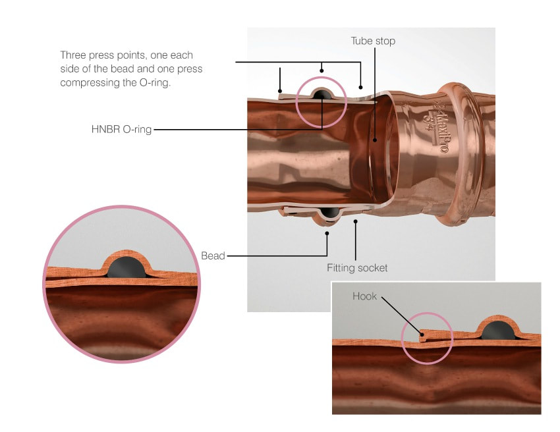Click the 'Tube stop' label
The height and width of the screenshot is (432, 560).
pyautogui.click(x=373, y=41)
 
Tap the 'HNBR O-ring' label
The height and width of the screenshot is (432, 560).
pyautogui.click(x=121, y=130)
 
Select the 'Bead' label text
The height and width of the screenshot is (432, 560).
pyautogui.click(x=213, y=256)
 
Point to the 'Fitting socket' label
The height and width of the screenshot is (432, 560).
pyautogui.click(x=357, y=268)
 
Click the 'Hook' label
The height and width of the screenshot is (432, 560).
pyautogui.click(x=364, y=296)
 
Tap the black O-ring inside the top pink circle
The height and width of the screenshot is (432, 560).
pyautogui.click(x=322, y=96)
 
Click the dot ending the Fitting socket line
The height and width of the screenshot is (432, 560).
pyautogui.click(x=356, y=222)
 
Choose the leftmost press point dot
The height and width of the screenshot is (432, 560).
pyautogui.click(x=280, y=90)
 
